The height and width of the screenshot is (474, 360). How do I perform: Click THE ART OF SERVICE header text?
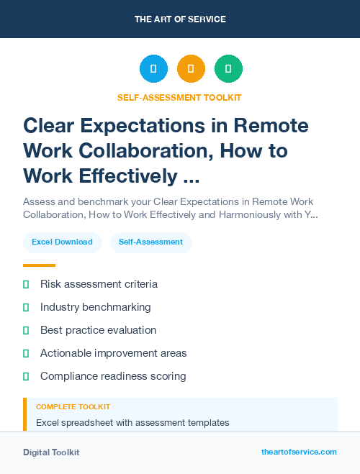(x=180, y=19)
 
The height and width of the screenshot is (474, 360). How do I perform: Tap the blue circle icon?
(x=153, y=69)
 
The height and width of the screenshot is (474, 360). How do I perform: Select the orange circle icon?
(x=191, y=69)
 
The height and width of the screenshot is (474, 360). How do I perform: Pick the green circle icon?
(x=228, y=69)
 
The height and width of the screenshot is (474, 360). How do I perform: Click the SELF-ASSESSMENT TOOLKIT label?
(x=180, y=97)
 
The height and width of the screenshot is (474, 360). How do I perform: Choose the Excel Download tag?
(x=62, y=242)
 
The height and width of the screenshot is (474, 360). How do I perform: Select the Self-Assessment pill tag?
(x=150, y=242)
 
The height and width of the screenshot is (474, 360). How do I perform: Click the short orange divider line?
(x=39, y=265)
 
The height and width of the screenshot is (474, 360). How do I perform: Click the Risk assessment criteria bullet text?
(x=99, y=284)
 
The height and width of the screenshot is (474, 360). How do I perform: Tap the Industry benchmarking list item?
(x=95, y=307)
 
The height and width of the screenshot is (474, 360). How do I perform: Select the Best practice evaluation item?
(x=98, y=330)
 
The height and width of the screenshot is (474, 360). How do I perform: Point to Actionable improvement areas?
(x=113, y=353)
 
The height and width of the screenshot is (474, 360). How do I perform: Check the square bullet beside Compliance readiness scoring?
(x=26, y=376)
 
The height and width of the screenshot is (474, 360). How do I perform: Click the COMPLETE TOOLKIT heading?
(x=73, y=407)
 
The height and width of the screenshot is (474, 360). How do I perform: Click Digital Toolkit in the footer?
(x=51, y=452)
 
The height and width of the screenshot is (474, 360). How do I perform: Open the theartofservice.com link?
(x=299, y=452)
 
